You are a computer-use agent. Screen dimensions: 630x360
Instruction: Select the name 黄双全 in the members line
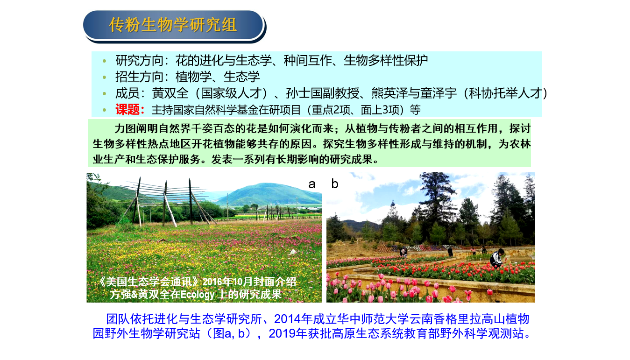click(x=170, y=93)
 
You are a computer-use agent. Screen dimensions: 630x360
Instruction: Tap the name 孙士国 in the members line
click(x=304, y=93)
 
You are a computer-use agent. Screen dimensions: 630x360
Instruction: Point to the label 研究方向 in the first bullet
click(x=140, y=61)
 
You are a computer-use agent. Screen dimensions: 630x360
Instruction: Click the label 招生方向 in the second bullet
click(x=140, y=77)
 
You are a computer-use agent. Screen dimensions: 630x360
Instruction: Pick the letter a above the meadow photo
click(x=311, y=184)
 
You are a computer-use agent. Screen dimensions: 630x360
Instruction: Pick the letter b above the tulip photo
click(x=335, y=184)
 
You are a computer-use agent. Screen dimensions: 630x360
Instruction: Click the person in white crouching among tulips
click(x=497, y=258)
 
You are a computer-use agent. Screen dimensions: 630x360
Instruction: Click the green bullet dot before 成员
click(x=104, y=93)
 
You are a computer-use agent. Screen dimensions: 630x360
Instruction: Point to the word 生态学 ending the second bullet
click(x=241, y=77)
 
